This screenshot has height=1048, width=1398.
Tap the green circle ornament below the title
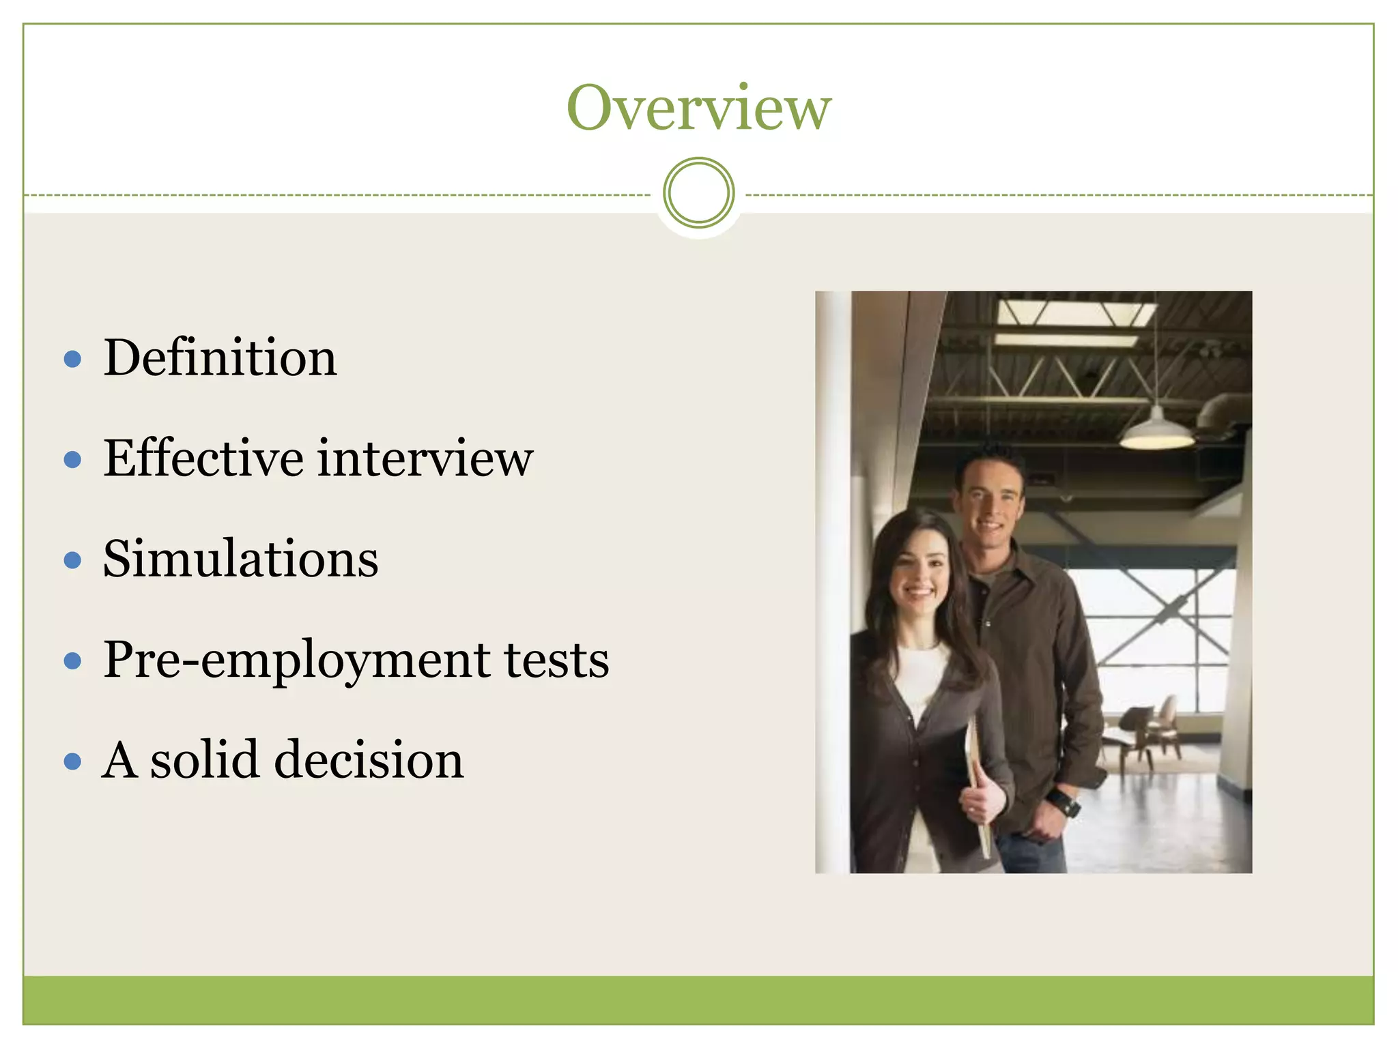click(x=698, y=193)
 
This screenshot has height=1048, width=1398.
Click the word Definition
click(x=220, y=358)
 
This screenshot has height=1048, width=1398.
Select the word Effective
click(x=203, y=458)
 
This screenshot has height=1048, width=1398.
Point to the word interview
click(x=425, y=458)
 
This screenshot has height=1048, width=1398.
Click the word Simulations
click(x=240, y=559)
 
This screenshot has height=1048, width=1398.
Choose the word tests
click(x=556, y=660)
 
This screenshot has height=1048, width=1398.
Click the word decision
click(x=369, y=760)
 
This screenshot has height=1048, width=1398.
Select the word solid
click(x=204, y=760)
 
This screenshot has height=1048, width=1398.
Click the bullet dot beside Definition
click(x=72, y=360)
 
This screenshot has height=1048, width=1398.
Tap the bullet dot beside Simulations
click(x=72, y=561)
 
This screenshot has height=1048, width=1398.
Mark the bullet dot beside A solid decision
click(x=72, y=761)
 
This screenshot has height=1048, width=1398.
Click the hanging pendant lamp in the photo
click(x=1156, y=431)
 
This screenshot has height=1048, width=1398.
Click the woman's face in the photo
click(x=918, y=573)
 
